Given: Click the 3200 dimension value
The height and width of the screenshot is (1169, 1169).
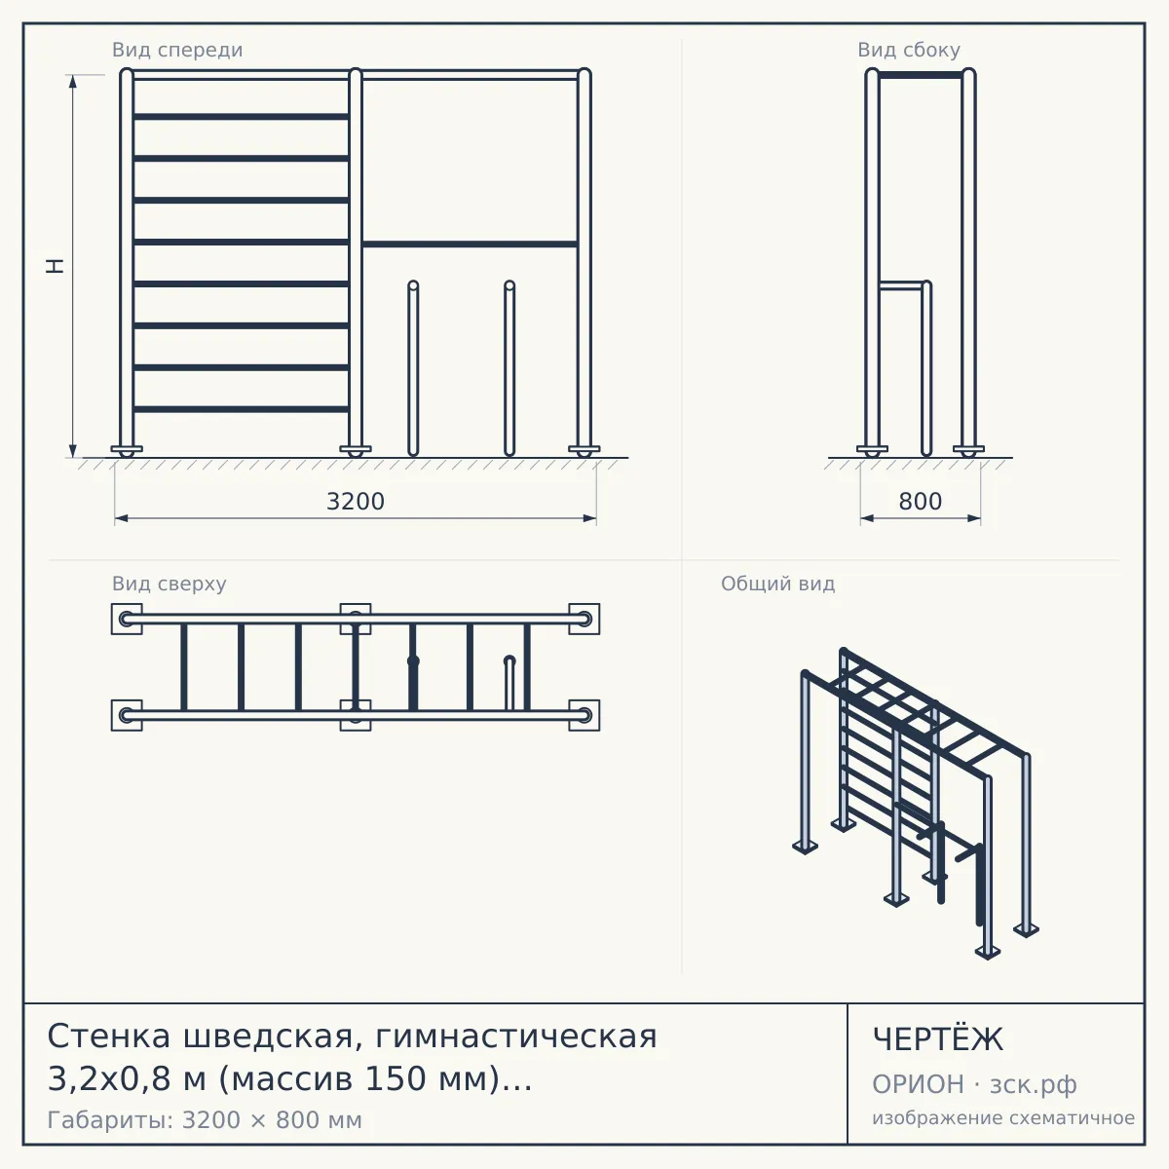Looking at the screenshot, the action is [356, 502].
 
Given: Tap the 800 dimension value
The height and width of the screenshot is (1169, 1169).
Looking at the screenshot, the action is [920, 502].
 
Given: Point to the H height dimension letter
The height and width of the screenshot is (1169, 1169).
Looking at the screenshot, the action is [56, 266].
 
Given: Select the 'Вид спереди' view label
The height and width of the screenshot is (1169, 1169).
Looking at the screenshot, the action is [177, 50].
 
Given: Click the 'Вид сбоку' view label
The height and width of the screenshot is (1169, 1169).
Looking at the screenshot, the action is [909, 50].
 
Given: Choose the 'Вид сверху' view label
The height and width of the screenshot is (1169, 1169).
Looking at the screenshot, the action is [170, 584].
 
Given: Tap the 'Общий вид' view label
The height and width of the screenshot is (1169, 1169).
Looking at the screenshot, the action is [777, 584].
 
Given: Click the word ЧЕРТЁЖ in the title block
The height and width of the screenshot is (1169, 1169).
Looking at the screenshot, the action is [938, 1039].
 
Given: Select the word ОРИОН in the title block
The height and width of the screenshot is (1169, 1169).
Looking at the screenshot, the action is [918, 1084].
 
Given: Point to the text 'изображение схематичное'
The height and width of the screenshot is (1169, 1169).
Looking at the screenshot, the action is [1003, 1118].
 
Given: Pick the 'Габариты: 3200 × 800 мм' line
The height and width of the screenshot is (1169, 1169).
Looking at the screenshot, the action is [205, 1120].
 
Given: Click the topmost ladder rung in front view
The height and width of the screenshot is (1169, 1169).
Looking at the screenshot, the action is [241, 117].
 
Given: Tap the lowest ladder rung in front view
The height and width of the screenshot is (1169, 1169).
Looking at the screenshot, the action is [241, 409].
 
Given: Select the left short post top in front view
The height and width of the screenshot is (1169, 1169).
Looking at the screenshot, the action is [413, 285].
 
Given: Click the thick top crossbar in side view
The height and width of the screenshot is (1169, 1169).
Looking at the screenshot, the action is [921, 75].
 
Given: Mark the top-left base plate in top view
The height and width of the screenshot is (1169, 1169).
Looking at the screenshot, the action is [127, 619].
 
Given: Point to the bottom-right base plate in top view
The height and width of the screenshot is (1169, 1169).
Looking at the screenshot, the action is [584, 715].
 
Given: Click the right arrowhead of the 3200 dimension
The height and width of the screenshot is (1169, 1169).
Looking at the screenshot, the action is [589, 518].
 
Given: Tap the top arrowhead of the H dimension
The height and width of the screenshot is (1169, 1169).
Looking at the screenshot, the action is [73, 82].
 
